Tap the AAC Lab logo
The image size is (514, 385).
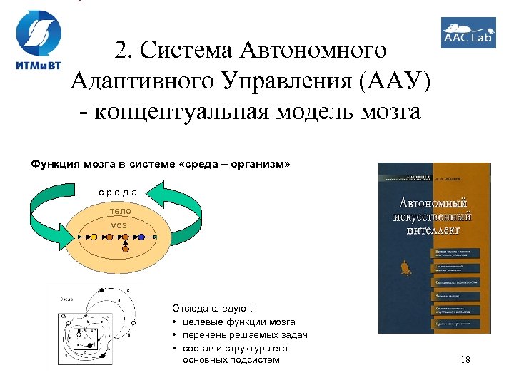(x=468, y=33)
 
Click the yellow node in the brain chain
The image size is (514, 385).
(x=92, y=237)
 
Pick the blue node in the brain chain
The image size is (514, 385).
(x=141, y=237)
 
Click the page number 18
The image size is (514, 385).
(x=465, y=360)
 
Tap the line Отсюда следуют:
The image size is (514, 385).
(x=212, y=309)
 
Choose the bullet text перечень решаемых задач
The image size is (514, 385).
(x=245, y=335)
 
